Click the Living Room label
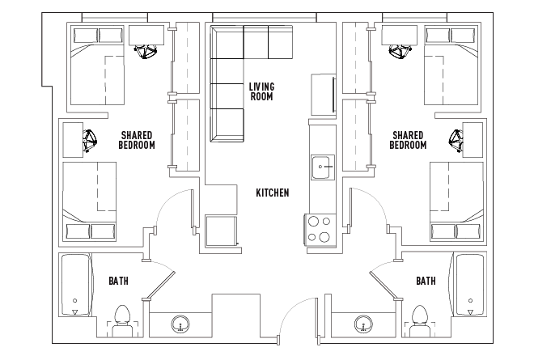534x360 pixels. (x=261, y=91)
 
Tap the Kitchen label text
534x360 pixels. (x=273, y=193)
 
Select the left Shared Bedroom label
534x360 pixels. (x=137, y=140)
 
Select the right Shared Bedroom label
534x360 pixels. (x=408, y=140)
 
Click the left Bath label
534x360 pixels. (x=118, y=281)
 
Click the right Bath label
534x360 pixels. (x=426, y=281)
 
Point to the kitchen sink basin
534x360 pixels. (x=323, y=167)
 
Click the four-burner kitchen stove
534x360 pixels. (x=320, y=229)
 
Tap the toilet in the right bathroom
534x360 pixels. (x=420, y=321)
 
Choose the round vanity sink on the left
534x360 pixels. (x=180, y=324)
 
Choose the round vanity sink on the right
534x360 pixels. (x=364, y=324)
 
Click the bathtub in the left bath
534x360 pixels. (x=75, y=285)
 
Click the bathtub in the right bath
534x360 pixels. (x=469, y=285)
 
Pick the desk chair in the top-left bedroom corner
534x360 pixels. (x=146, y=52)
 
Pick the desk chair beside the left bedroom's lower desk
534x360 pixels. (x=90, y=140)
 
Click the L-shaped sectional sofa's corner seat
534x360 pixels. (x=227, y=43)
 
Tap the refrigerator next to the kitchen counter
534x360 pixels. (x=324, y=95)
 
